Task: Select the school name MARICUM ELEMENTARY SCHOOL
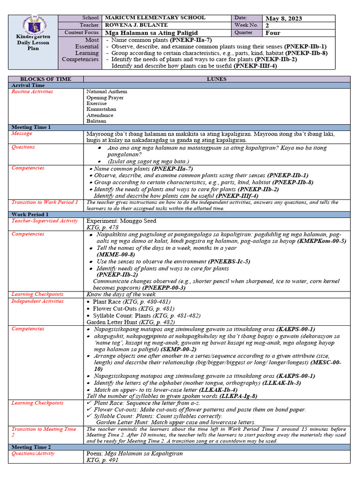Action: click(x=155, y=18)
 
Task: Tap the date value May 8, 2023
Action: click(x=284, y=18)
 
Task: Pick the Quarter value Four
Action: click(x=273, y=33)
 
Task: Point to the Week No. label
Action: click(x=244, y=25)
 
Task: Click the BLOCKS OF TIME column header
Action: click(x=45, y=79)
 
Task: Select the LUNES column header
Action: click(x=217, y=79)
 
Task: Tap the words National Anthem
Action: click(x=106, y=91)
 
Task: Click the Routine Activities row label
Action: click(x=32, y=91)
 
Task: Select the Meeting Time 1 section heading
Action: click(x=31, y=127)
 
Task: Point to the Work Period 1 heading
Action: click(x=30, y=214)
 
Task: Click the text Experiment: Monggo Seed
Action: click(x=121, y=221)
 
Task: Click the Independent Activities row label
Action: click(x=37, y=301)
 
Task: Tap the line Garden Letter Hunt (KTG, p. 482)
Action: click(x=131, y=322)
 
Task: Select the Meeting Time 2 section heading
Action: click(x=31, y=447)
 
